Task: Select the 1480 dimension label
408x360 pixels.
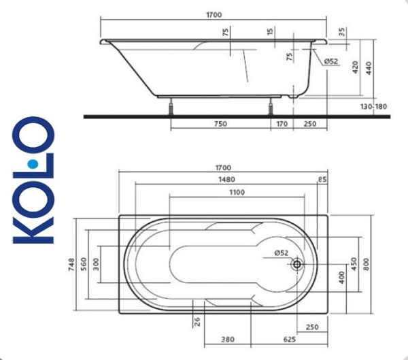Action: tap(224, 180)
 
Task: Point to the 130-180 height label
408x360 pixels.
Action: tap(373, 108)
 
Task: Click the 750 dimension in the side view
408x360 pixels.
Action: tap(220, 124)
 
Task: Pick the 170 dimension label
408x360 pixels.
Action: tap(282, 124)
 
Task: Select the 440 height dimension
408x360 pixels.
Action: tap(370, 68)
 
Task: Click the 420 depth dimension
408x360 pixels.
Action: tap(355, 68)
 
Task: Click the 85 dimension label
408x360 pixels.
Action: tap(322, 180)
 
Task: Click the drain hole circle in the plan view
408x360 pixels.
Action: tap(296, 265)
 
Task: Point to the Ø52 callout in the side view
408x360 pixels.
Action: tap(330, 62)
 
